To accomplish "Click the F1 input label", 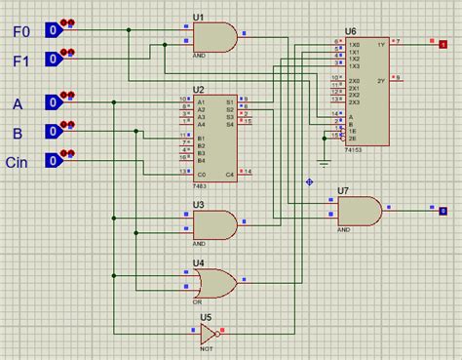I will [20, 60].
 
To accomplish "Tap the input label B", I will [18, 134].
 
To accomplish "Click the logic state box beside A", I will [54, 102].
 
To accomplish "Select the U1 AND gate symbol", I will [214, 37].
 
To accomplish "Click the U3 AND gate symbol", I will [214, 223].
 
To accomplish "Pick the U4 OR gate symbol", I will [214, 283].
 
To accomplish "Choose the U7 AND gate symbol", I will [359, 210].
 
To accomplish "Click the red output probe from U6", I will [430, 43].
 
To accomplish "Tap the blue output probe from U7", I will [443, 210].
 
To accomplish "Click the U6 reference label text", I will [350, 32].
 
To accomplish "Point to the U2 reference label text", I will [198, 90].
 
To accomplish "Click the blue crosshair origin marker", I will [310, 180].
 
